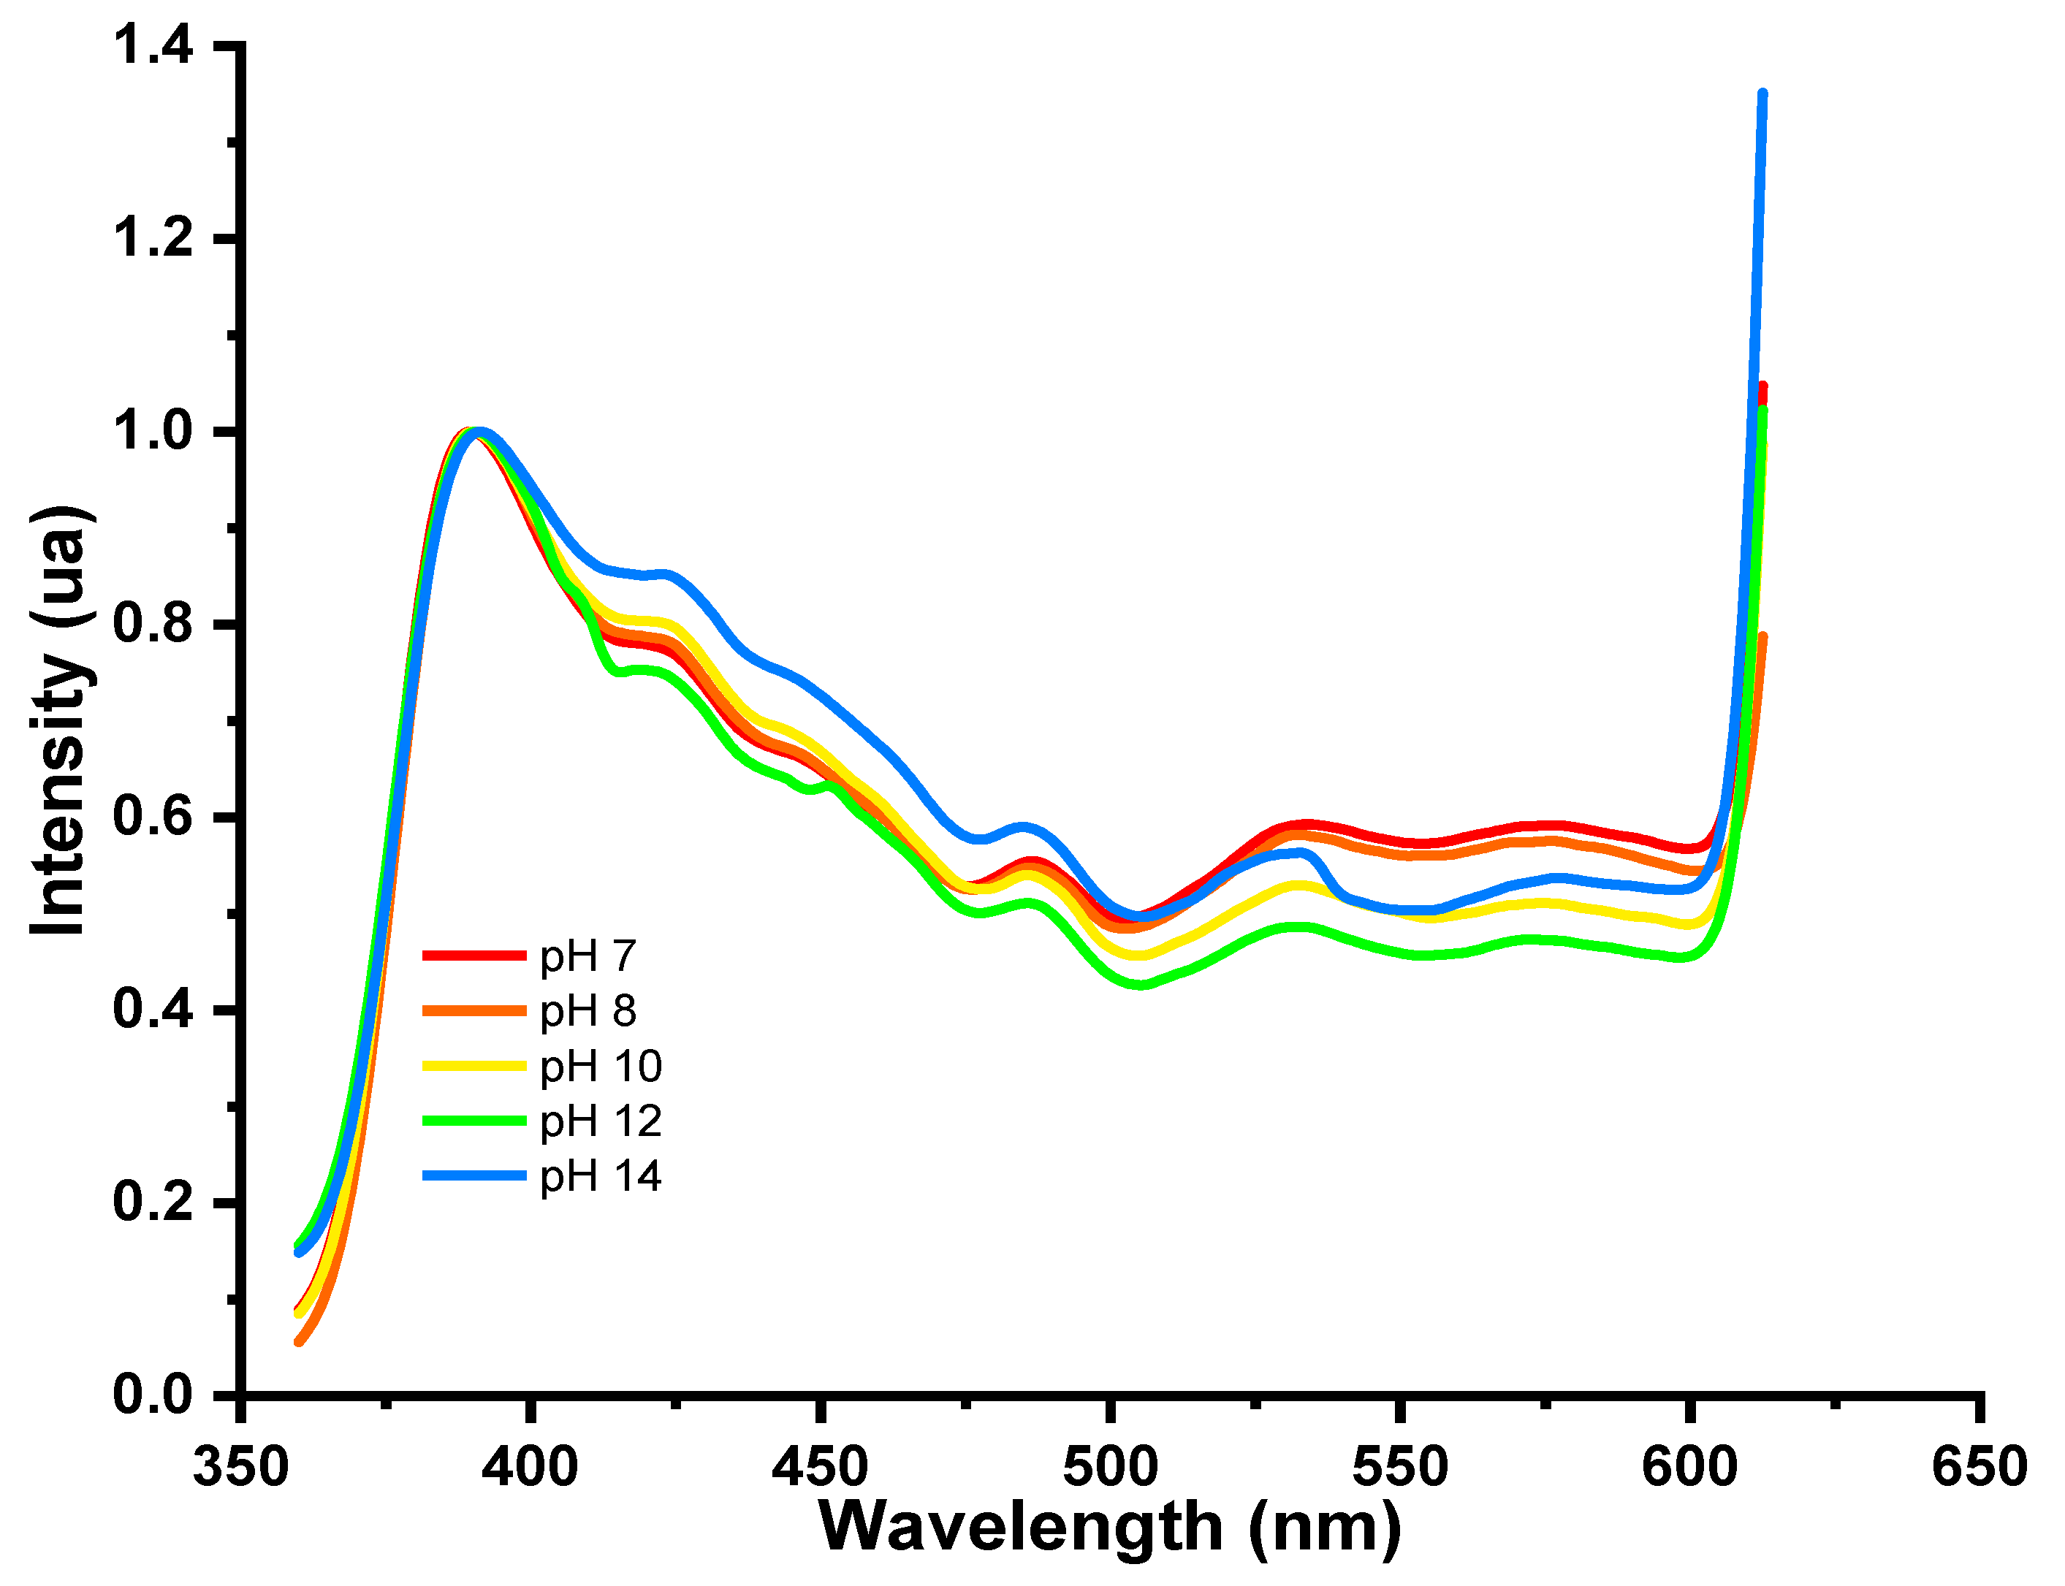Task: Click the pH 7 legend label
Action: (x=587, y=956)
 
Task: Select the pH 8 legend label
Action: (x=587, y=1011)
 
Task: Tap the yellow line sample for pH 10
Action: (x=473, y=1066)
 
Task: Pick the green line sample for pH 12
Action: (x=473, y=1121)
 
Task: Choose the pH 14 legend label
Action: (x=601, y=1175)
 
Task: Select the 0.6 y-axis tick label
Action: (x=153, y=817)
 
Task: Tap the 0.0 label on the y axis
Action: (x=153, y=1395)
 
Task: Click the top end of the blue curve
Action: (x=1762, y=94)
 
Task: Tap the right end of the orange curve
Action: (x=1762, y=636)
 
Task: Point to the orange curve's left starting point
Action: (x=298, y=1341)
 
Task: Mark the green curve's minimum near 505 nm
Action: (x=1141, y=985)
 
